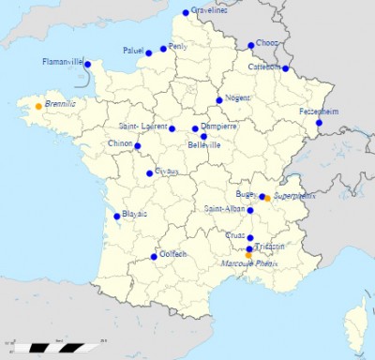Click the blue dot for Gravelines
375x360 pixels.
tap(186, 13)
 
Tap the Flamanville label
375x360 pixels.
tap(63, 62)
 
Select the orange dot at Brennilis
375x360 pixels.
tap(38, 106)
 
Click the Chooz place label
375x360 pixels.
tap(267, 43)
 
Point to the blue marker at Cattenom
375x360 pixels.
tap(285, 68)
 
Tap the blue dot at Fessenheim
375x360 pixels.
tap(319, 123)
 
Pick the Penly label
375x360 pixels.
tap(178, 45)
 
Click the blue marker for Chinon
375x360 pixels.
tap(138, 146)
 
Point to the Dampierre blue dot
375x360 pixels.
tap(195, 128)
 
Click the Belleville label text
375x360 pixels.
tap(204, 145)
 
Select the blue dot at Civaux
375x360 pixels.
tap(150, 173)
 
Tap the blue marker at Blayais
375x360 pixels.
tap(117, 217)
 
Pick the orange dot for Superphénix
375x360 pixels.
tap(267, 199)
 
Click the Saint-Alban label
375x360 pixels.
tap(225, 209)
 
